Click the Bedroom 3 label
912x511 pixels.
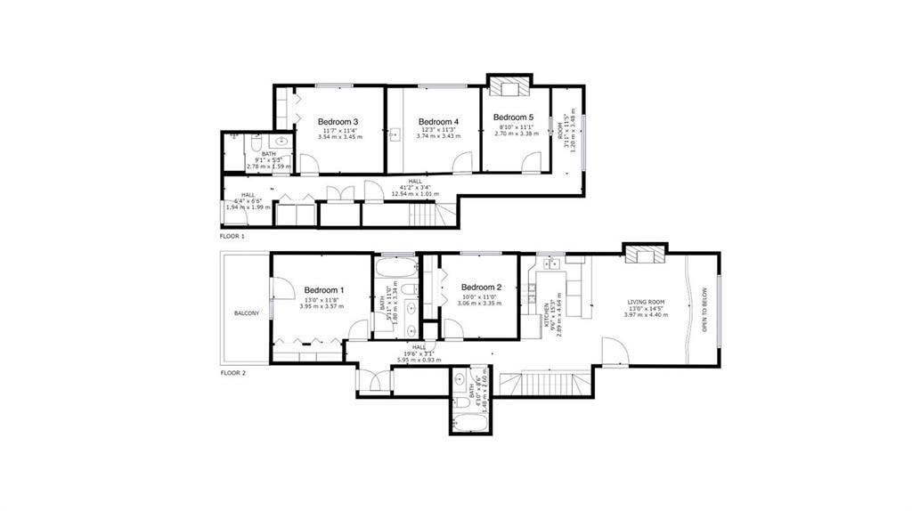click(338, 122)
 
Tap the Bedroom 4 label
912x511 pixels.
click(438, 122)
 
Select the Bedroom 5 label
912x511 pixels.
click(513, 118)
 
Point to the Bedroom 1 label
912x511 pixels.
click(324, 290)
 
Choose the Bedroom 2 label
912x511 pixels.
click(482, 288)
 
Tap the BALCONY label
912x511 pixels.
click(247, 313)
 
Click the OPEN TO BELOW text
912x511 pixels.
click(704, 309)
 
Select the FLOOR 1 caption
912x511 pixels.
click(232, 237)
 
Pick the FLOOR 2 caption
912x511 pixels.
click(232, 373)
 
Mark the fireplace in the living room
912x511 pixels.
click(643, 255)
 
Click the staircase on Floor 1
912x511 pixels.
click(425, 215)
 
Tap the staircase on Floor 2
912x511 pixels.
click(542, 385)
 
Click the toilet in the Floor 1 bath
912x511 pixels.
click(255, 142)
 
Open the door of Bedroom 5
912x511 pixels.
click(531, 162)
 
